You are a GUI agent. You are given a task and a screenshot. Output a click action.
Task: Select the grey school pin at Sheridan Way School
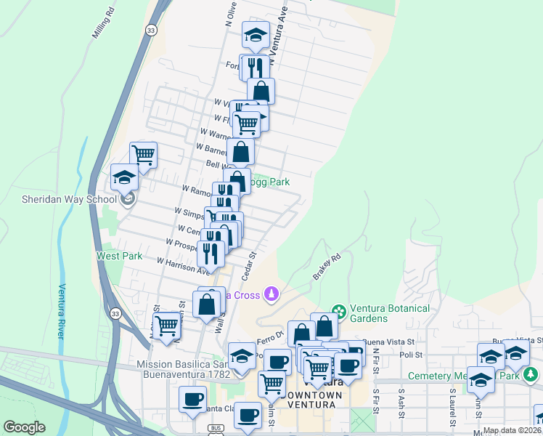coord(128,199)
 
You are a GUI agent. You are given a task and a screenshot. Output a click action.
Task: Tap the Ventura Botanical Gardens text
coord(390,313)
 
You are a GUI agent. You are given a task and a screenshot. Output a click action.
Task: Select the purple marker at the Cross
coord(271,294)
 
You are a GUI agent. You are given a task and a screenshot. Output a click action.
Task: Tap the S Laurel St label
coord(451,407)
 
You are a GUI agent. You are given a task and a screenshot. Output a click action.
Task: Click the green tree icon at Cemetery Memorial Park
coord(531,374)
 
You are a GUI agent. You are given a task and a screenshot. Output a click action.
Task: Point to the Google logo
coord(24,427)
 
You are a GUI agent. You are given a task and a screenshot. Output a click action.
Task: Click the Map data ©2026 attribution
coord(512,430)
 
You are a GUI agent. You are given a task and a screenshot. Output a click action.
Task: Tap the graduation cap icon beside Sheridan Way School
coord(124,177)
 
